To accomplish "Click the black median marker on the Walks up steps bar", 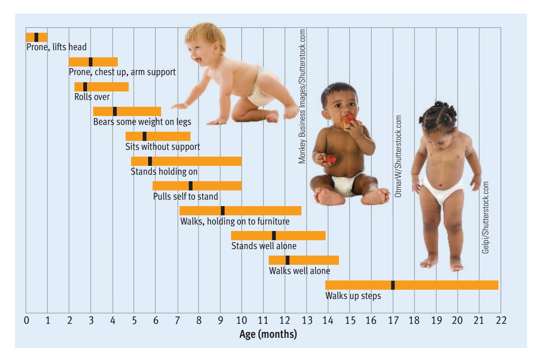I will coord(393,285).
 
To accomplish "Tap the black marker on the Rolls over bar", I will coord(85,87).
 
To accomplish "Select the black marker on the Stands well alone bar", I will coord(274,235).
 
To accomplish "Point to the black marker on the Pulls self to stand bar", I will coord(190,186).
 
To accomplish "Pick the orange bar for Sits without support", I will coord(167,136).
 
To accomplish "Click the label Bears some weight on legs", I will coord(142,122).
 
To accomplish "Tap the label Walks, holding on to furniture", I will coord(235,221).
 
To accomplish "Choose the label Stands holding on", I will coord(164,171).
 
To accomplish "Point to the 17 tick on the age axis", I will coord(393,321).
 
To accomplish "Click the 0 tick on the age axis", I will coord(26,321).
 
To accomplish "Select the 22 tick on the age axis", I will coord(501,321).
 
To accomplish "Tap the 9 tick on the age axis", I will coord(220,321).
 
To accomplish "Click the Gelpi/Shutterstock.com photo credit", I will coord(485,217).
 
